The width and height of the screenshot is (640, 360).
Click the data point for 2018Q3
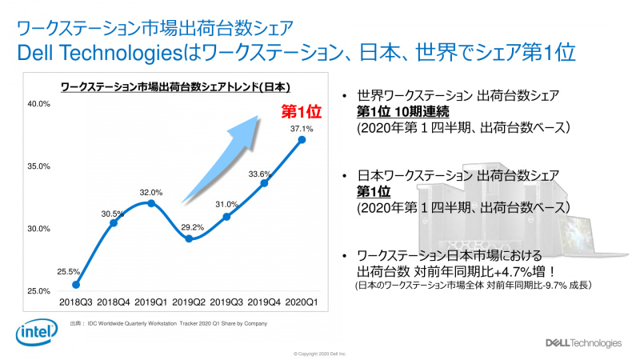point(76,284)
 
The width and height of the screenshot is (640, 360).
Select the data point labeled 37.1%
point(302,140)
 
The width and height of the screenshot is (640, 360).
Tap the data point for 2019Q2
point(189,238)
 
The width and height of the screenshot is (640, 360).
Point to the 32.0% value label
point(152,192)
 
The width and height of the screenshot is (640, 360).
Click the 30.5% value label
point(112,214)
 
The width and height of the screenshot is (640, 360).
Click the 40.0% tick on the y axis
point(39,104)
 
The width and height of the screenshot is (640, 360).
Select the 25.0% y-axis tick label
point(39,291)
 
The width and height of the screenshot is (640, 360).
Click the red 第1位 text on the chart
point(300,110)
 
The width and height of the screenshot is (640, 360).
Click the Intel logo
point(35,330)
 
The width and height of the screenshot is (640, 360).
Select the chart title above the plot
point(175,86)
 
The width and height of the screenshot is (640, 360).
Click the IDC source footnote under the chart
point(168,323)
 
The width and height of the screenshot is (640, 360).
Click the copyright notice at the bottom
point(320,353)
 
